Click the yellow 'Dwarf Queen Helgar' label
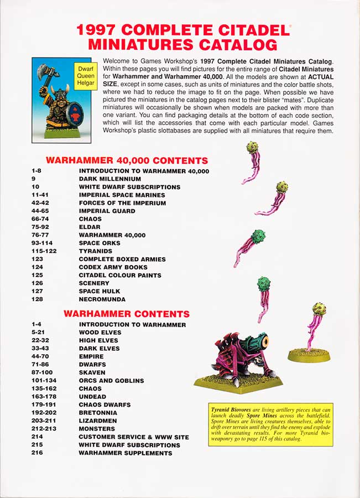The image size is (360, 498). (85, 76)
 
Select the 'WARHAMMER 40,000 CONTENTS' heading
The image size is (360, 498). (127, 160)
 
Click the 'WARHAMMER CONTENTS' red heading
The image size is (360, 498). (127, 314)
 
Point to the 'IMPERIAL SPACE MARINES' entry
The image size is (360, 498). (122, 195)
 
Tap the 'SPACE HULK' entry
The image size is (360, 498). (100, 291)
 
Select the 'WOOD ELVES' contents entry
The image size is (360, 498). (100, 333)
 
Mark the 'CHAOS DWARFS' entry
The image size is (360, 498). (105, 404)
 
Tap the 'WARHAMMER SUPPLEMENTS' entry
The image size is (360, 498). (125, 453)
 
